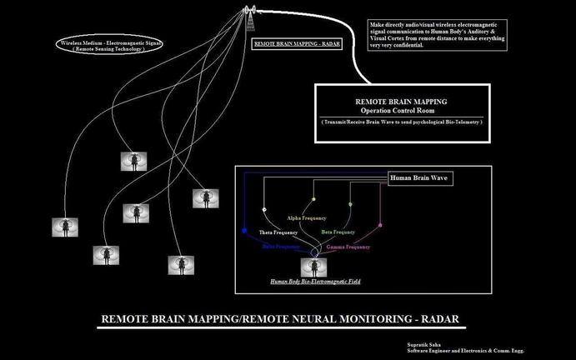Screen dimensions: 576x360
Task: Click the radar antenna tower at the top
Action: [248, 12]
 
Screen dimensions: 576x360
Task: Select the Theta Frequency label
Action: [278, 232]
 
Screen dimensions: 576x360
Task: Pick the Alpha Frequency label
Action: [307, 217]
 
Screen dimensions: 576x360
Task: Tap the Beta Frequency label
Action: [338, 232]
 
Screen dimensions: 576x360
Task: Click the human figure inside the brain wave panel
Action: [315, 267]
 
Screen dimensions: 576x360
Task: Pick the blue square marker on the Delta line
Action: [243, 229]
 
